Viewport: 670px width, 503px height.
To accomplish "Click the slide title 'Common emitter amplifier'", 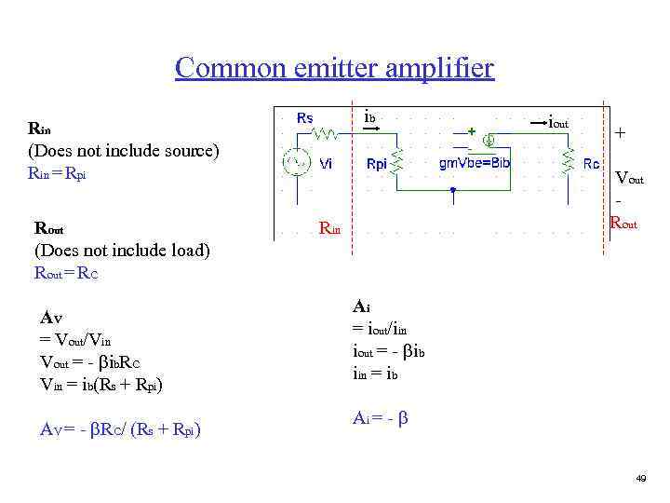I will [334, 68].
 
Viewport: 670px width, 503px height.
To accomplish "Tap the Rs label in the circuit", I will [304, 118].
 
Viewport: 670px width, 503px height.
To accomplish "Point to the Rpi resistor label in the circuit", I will [377, 164].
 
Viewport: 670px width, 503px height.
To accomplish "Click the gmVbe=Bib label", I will [475, 163].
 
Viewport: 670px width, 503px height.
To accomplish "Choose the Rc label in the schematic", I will [591, 164].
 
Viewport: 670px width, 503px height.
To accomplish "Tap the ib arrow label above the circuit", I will [369, 117].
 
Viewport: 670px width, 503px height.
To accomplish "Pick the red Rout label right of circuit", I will [623, 223].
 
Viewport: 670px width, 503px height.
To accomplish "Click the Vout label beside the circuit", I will [629, 179].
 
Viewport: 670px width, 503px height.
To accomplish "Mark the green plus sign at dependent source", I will [472, 130].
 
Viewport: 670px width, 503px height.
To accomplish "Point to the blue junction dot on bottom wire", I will [451, 190].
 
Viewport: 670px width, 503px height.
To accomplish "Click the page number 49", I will [640, 478].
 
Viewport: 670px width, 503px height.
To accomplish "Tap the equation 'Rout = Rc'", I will [66, 273].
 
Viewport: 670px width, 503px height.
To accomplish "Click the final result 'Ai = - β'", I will [379, 418].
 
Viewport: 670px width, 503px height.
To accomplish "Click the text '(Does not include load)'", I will [122, 250].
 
